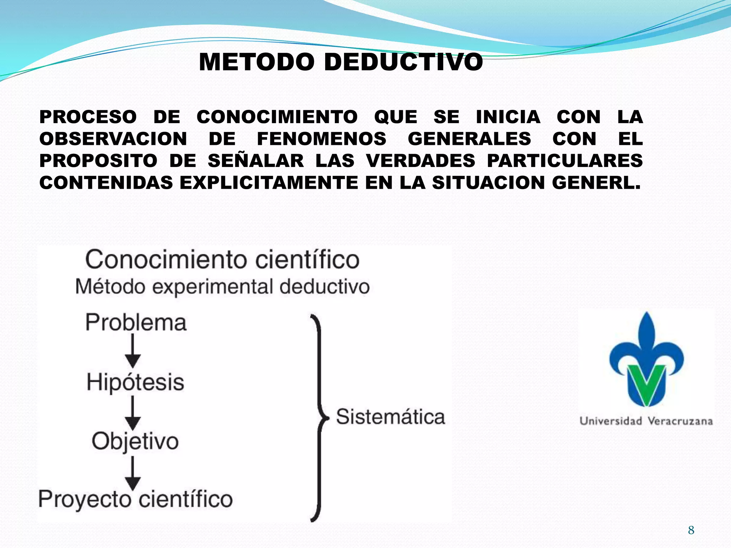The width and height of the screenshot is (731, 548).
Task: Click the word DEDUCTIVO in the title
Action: click(x=403, y=62)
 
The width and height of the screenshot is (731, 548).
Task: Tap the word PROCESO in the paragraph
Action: click(x=88, y=117)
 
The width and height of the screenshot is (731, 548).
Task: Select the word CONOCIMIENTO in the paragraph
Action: click(x=277, y=117)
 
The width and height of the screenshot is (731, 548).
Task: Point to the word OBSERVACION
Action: click(x=113, y=139)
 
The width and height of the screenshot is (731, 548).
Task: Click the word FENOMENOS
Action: click(x=322, y=139)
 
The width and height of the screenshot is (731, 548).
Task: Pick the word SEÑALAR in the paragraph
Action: click(x=256, y=161)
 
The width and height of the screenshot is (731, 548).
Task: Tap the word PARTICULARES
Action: click(x=565, y=161)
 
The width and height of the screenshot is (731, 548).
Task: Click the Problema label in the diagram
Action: click(x=136, y=323)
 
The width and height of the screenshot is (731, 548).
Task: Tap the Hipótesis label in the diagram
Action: click(x=135, y=382)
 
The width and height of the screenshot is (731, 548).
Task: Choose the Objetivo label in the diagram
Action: click(x=135, y=441)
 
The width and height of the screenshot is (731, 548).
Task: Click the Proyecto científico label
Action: click(x=135, y=499)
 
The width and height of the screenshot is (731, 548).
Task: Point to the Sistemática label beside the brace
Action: click(x=390, y=417)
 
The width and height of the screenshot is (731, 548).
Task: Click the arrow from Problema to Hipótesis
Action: click(x=133, y=351)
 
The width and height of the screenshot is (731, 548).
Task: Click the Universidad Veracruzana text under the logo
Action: click(x=646, y=421)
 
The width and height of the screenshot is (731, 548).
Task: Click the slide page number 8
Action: click(x=691, y=530)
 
